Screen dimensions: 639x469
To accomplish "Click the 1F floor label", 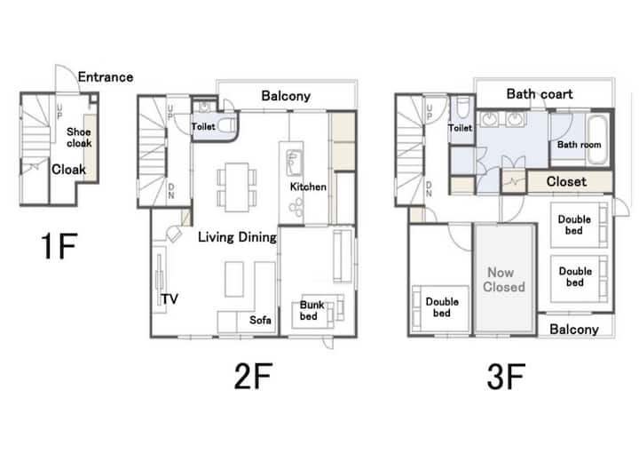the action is [59, 246].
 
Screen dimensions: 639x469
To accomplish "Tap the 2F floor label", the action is [253, 376].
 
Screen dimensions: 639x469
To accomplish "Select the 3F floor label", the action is [506, 377].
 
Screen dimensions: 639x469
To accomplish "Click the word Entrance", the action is [106, 77].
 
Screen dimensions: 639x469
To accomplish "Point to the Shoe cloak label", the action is [79, 138].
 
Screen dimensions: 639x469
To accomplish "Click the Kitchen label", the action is [308, 187].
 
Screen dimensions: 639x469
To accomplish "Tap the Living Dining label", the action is [237, 237].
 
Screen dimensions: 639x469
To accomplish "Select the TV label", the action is [170, 299].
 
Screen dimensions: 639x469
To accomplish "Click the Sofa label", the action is [260, 320].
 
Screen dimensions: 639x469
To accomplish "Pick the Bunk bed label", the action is [312, 310].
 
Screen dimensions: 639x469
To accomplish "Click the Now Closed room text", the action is [504, 280].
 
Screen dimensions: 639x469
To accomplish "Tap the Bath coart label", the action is [540, 94].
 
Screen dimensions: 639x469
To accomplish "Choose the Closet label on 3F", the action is [566, 181].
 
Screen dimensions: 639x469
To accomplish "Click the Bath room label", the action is [579, 145].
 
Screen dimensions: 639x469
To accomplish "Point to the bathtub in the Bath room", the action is [598, 139].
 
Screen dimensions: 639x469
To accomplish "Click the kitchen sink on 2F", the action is [294, 163].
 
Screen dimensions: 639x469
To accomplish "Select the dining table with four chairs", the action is [237, 187].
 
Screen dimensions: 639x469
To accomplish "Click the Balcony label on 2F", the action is [286, 96].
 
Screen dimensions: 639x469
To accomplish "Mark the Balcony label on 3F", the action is [574, 330].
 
